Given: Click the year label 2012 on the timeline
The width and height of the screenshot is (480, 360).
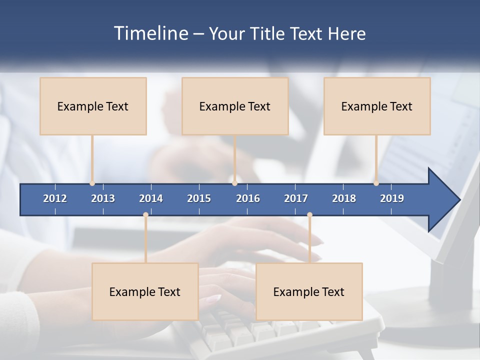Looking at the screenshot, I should pyautogui.click(x=55, y=198).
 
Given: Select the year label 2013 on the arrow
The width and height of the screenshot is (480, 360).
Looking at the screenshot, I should pyautogui.click(x=103, y=198).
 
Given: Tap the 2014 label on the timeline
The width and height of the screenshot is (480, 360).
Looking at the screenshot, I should pyautogui.click(x=151, y=198).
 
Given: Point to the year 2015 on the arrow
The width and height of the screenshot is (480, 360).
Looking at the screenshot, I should pyautogui.click(x=199, y=198).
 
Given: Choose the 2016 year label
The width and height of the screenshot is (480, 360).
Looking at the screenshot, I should pyautogui.click(x=248, y=198).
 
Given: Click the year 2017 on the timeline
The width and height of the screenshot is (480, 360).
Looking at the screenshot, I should pyautogui.click(x=296, y=198).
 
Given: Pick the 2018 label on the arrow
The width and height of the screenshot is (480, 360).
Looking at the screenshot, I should pyautogui.click(x=344, y=198).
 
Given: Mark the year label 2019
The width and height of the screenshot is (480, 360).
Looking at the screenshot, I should pyautogui.click(x=392, y=198).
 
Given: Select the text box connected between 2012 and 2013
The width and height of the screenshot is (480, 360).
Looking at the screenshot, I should pyautogui.click(x=93, y=106).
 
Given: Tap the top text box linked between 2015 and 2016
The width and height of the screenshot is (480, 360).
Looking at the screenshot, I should pyautogui.click(x=235, y=106).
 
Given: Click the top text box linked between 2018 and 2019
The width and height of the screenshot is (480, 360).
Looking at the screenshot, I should pyautogui.click(x=377, y=106).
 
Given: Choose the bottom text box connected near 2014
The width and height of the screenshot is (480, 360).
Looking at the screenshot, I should pyautogui.click(x=145, y=291).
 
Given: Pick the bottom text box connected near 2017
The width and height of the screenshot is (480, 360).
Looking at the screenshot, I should pyautogui.click(x=309, y=291).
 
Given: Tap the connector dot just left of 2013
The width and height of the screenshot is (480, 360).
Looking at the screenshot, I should pyautogui.click(x=92, y=183).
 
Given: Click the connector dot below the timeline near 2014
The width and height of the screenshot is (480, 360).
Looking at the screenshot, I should pyautogui.click(x=145, y=214).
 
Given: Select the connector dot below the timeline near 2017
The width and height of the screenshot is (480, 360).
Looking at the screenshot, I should pyautogui.click(x=309, y=214).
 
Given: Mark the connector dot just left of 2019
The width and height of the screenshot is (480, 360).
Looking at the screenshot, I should pyautogui.click(x=376, y=183).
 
